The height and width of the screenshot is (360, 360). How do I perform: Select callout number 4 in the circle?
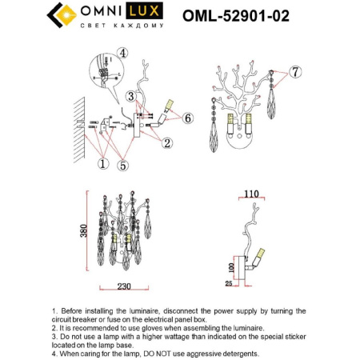click(x=122, y=54)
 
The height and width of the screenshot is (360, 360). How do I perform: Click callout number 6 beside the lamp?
click(x=188, y=118)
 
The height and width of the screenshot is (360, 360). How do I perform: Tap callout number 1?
click(x=102, y=164)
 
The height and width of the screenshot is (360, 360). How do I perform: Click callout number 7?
click(x=296, y=73)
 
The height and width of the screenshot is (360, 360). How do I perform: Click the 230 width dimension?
click(x=122, y=286)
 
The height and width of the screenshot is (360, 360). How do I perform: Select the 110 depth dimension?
click(x=254, y=194)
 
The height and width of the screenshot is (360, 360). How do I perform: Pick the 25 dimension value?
click(x=230, y=283)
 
